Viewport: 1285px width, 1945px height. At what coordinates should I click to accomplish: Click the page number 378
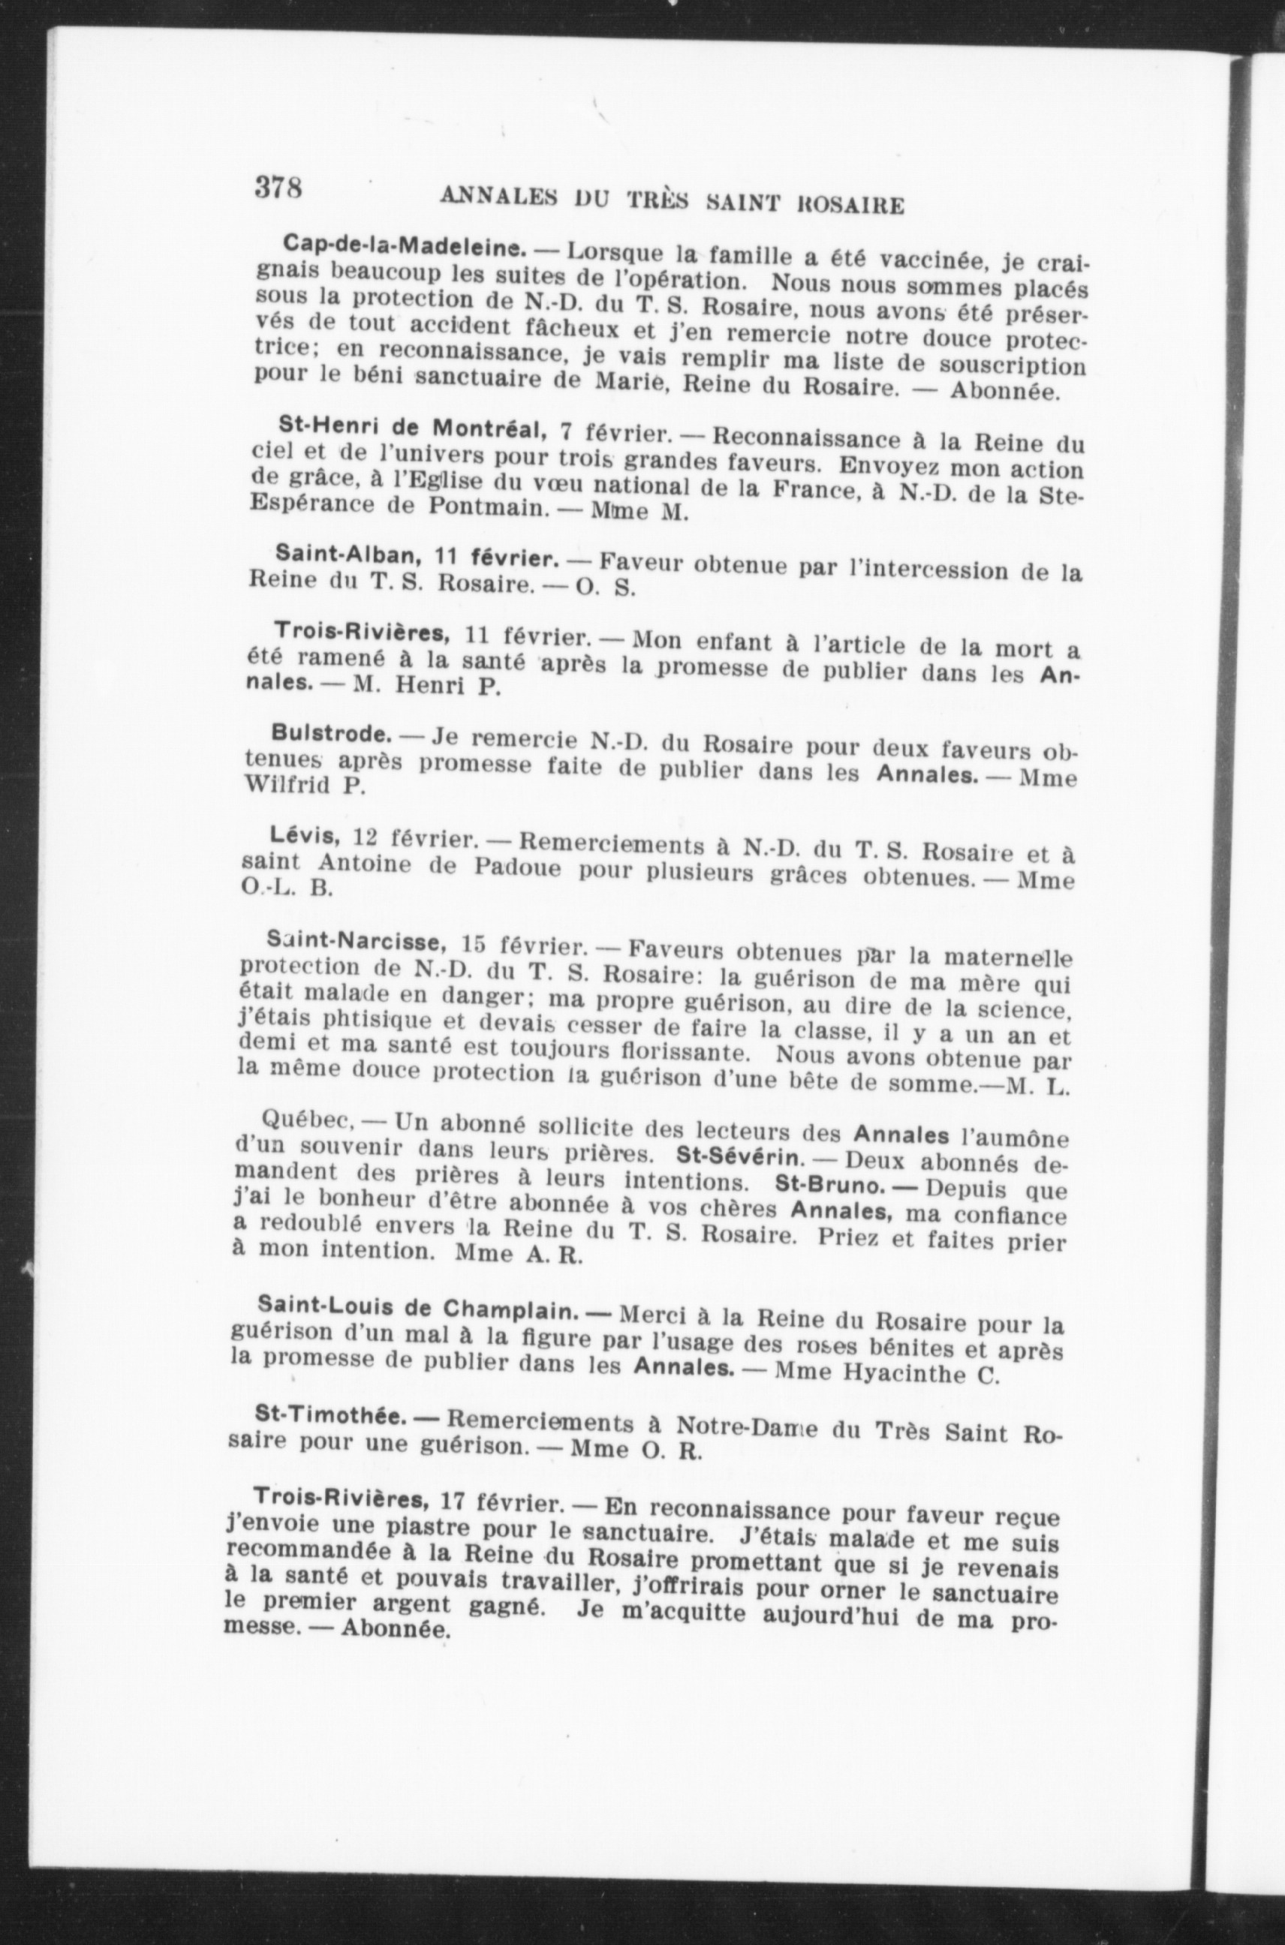pyautogui.click(x=278, y=188)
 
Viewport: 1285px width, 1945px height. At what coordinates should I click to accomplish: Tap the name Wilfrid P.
pyautogui.click(x=305, y=786)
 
